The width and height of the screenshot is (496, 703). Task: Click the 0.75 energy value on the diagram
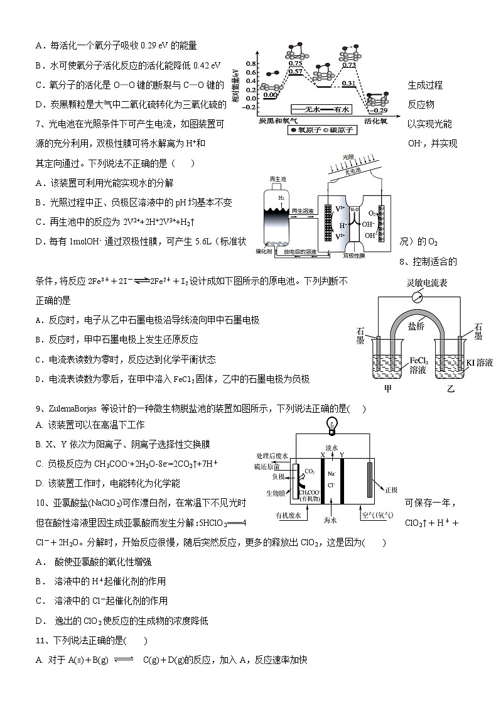[295, 64]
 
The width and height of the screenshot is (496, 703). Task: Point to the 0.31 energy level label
[349, 84]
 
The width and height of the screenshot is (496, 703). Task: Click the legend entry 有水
[340, 109]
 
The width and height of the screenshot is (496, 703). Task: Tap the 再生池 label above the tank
[277, 180]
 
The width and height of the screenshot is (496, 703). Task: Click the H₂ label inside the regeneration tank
[281, 198]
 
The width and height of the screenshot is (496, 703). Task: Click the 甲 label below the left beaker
[388, 389]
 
